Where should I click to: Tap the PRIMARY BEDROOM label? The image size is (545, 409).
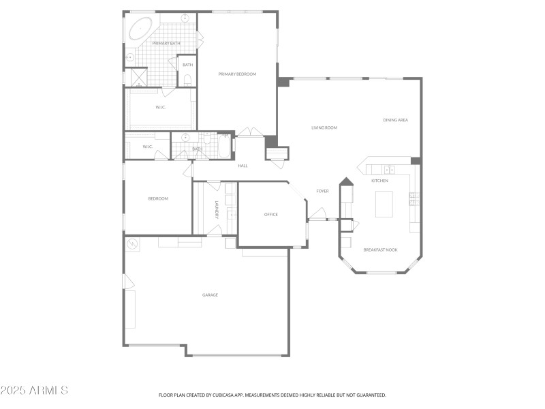click(x=237, y=74)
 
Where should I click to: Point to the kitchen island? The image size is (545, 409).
click(x=384, y=203)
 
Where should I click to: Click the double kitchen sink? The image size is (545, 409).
click(x=389, y=169)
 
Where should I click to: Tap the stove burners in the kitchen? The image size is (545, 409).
click(x=414, y=198)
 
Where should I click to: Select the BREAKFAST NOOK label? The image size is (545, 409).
click(x=380, y=249)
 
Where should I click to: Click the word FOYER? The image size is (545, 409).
click(x=322, y=191)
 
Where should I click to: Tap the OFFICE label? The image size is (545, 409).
click(x=270, y=215)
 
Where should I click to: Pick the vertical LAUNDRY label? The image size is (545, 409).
click(x=217, y=209)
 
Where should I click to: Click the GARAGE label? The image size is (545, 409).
click(x=210, y=294)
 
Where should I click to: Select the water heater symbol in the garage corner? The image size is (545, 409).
click(x=132, y=243)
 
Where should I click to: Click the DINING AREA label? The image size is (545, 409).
click(x=395, y=120)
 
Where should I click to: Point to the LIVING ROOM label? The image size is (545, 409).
click(x=324, y=127)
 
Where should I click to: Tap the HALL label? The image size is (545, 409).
click(x=243, y=166)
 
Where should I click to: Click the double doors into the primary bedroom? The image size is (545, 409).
click(x=249, y=132)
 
